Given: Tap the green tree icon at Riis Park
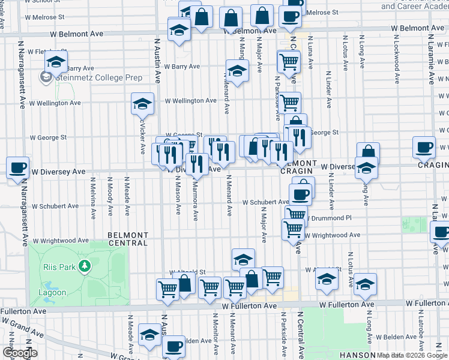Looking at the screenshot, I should point(85,266).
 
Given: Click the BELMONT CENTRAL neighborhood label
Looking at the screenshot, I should point(128,239).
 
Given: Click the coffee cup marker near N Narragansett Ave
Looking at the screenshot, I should point(17,167).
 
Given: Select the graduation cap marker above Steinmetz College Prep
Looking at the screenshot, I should point(56,61).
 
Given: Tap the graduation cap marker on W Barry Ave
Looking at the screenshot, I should point(237,71).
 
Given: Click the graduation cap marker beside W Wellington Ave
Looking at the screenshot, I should point(142,104).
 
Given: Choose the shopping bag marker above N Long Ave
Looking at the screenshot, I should point(368,152).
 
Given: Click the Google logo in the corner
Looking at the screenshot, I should point(20,353).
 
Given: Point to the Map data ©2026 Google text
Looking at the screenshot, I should point(412,355).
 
